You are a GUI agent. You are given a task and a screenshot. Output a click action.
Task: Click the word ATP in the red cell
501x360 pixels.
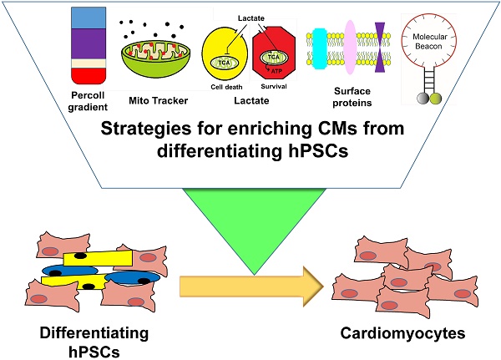click(x=276, y=72)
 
